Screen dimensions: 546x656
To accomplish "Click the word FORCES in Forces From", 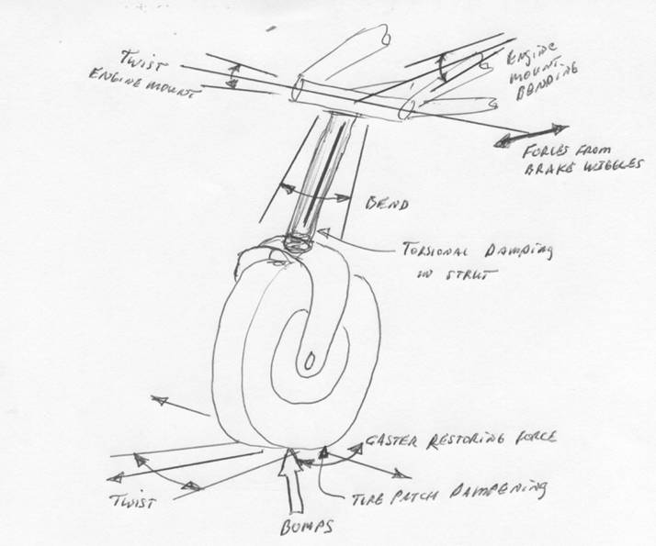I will [542, 154].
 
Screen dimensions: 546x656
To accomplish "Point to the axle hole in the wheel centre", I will [312, 354].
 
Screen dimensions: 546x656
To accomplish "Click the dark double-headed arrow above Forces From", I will [531, 135].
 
